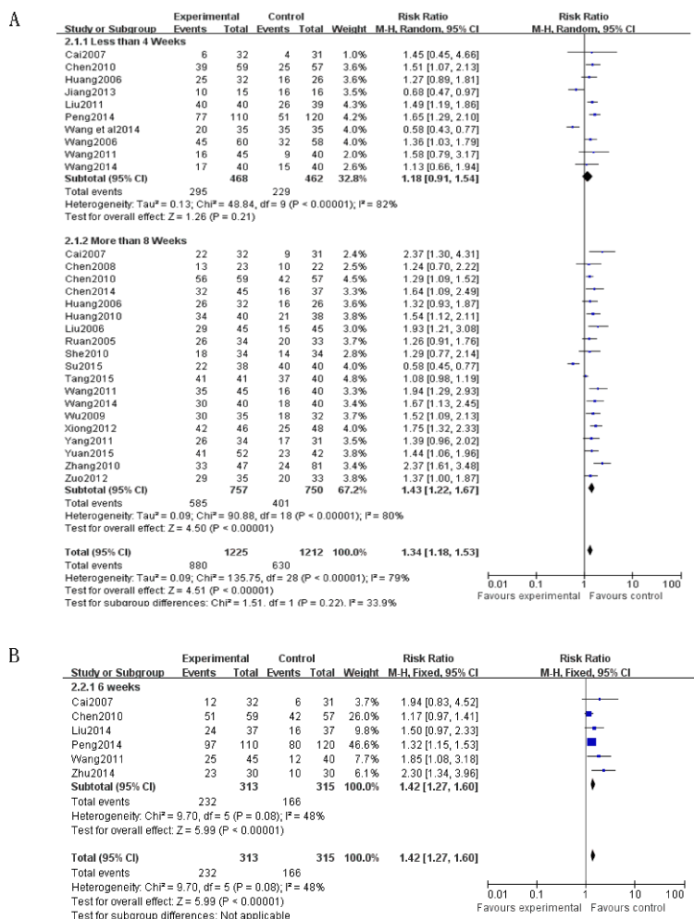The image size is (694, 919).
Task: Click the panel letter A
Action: pos(14,18)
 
